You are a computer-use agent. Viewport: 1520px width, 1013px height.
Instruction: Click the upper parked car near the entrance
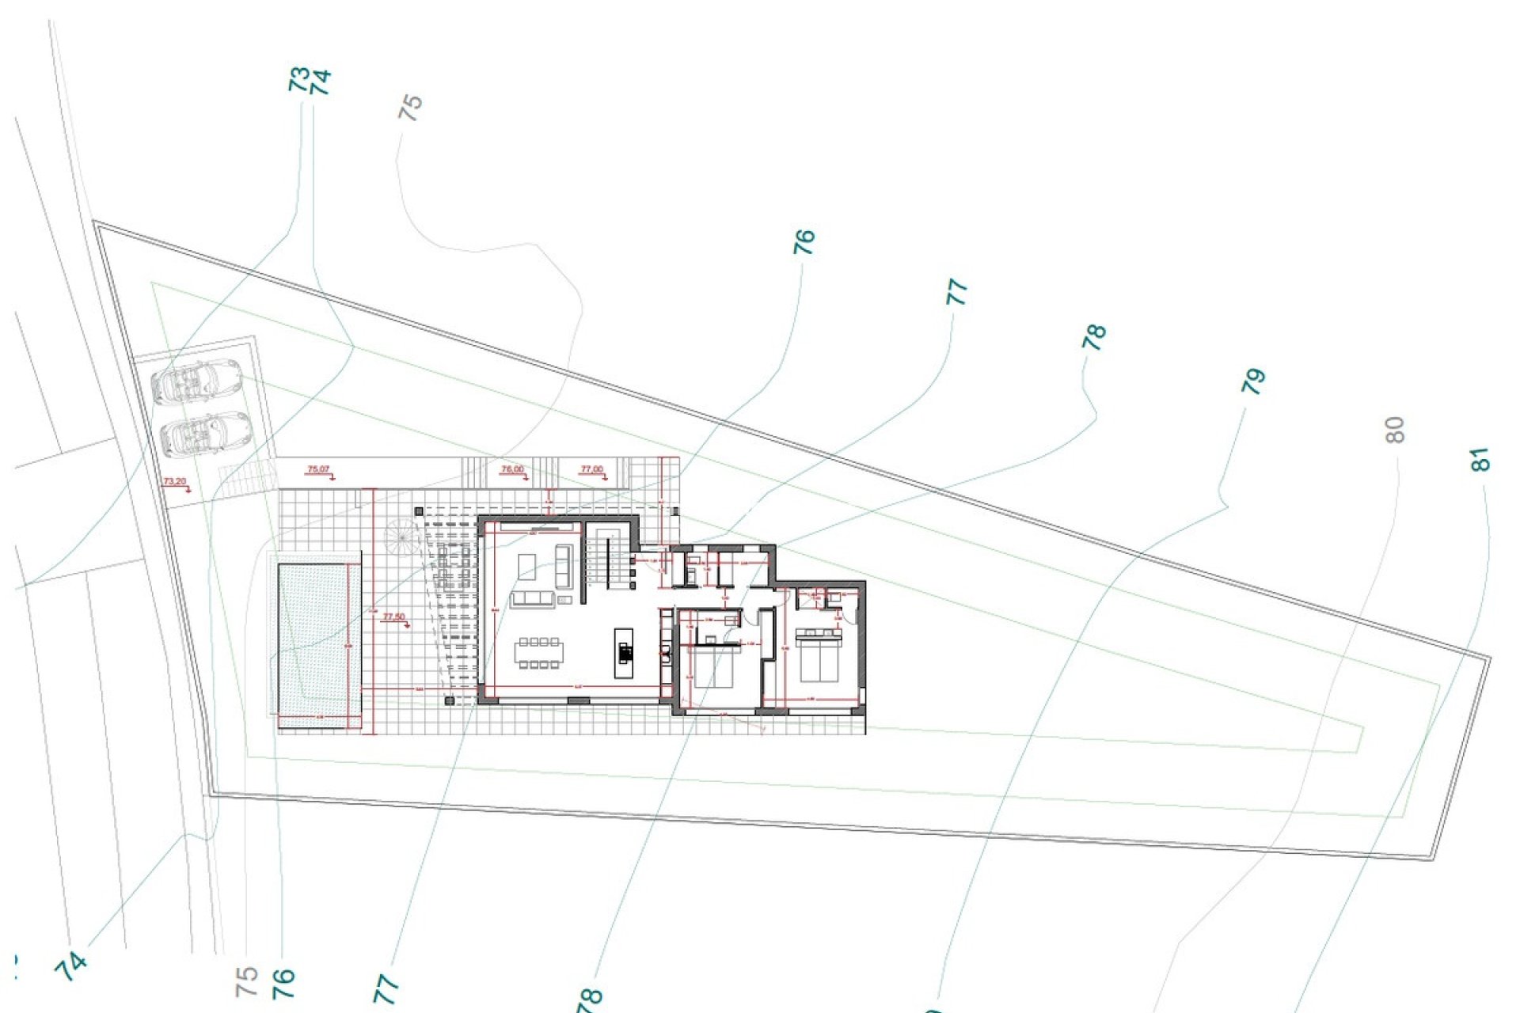197,381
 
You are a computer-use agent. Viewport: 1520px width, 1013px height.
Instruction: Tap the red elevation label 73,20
175,481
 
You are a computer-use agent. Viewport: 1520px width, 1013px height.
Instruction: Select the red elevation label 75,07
318,469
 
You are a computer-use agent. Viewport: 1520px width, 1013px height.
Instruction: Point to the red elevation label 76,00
512,469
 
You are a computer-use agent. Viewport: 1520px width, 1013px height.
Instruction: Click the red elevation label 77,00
591,469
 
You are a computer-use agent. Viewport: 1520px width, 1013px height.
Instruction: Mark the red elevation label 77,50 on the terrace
393,617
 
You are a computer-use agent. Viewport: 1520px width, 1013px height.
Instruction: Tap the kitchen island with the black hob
625,653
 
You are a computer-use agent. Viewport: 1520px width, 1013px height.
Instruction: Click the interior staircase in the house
610,559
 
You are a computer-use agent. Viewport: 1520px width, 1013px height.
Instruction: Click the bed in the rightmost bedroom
819,655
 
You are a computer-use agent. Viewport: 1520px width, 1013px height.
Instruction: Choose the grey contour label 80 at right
1395,430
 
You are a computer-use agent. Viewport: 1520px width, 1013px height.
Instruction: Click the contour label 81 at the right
1479,460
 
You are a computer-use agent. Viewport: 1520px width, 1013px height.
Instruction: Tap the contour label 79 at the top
1252,381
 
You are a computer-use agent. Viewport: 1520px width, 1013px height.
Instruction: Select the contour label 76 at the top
803,241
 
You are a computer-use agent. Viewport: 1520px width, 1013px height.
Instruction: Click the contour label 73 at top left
298,80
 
